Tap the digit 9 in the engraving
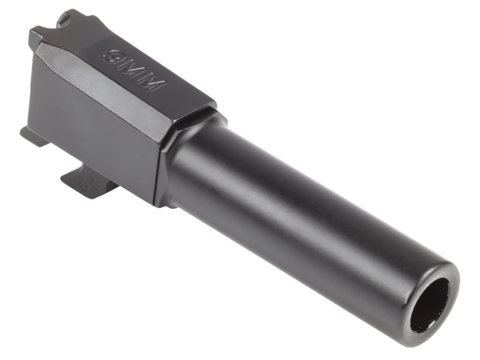point(112,56)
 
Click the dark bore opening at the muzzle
point(431,308)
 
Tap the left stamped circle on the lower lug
point(84,184)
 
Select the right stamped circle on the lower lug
point(97,185)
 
